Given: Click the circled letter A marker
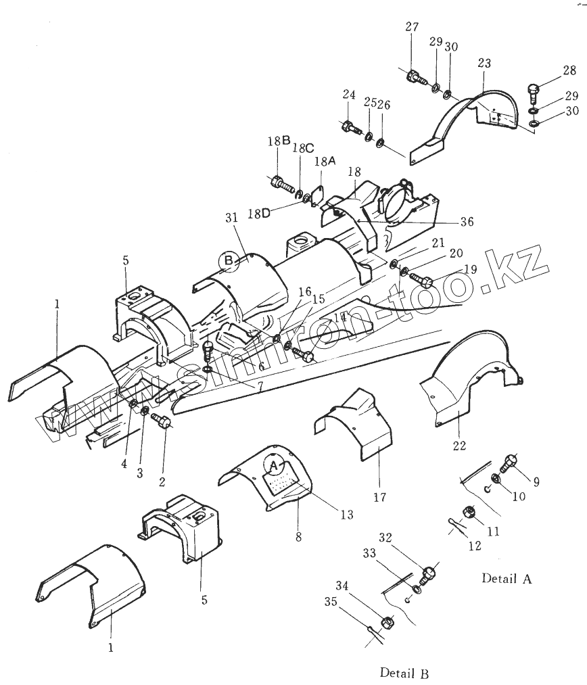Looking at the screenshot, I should [273, 466].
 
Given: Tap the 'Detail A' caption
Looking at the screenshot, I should [507, 578].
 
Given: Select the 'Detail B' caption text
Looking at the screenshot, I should [404, 673].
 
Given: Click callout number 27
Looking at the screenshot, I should [412, 28].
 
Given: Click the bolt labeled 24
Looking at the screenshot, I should [350, 126].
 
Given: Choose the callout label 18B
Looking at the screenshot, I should [279, 141].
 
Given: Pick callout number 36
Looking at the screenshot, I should [467, 221].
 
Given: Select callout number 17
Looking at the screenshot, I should [379, 497].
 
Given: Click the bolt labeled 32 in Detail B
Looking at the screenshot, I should [427, 575].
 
